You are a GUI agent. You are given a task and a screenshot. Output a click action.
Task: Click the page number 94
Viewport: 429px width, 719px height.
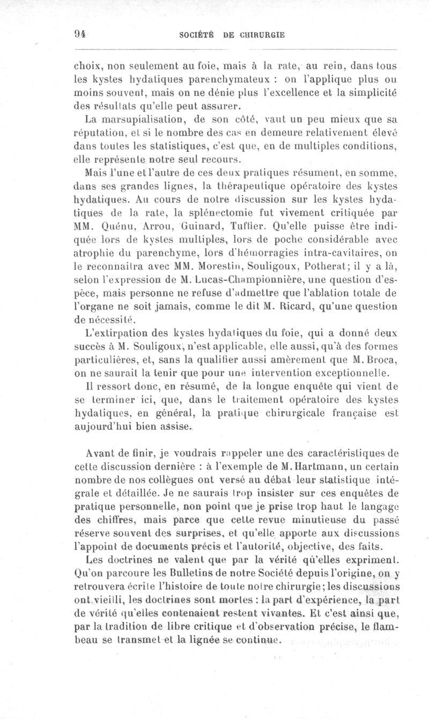coord(80,34)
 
